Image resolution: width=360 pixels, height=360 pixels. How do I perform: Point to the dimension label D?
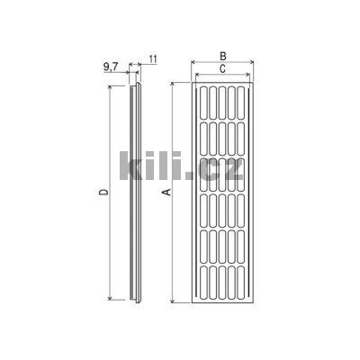(x=103, y=193)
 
